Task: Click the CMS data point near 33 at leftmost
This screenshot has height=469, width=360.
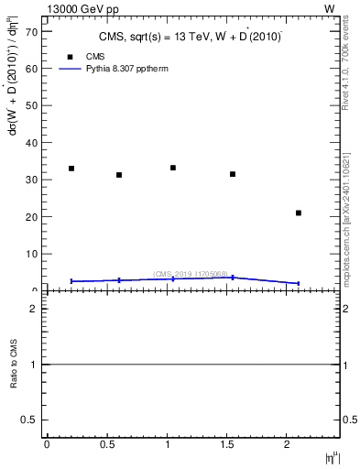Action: tap(71, 169)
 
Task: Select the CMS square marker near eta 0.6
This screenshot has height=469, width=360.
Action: tap(119, 175)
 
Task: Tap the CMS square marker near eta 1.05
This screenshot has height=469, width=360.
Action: tap(173, 168)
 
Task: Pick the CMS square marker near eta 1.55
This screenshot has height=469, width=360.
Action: tap(233, 174)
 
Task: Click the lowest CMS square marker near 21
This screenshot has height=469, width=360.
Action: tap(299, 213)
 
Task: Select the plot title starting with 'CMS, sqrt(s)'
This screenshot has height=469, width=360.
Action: tap(178, 37)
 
